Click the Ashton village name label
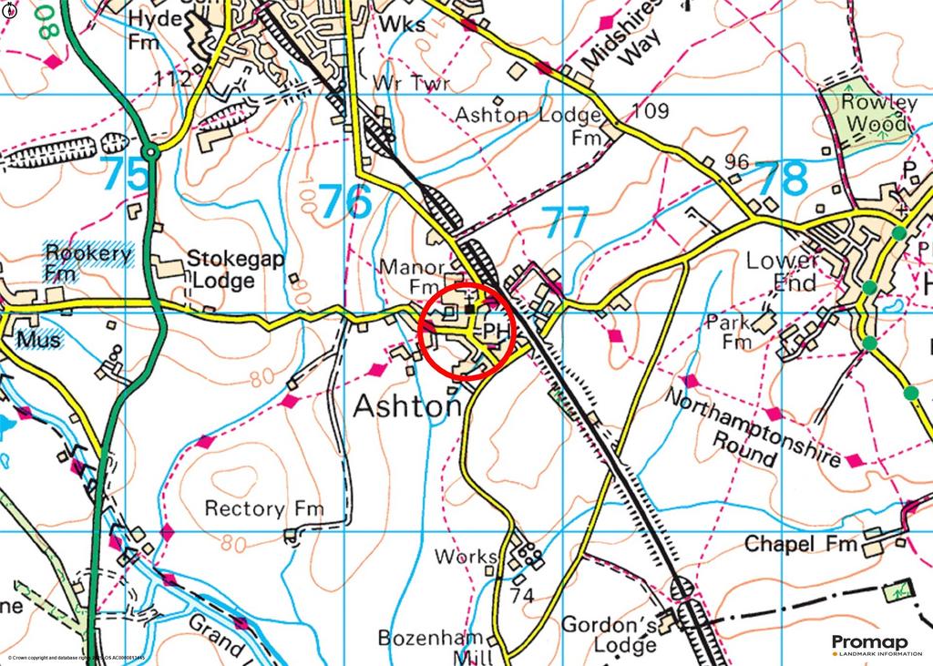click(407, 406)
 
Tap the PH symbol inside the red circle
click(494, 329)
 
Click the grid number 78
click(782, 179)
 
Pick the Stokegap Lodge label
click(235, 270)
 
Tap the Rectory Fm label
click(264, 508)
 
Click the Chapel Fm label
click(802, 544)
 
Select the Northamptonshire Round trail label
click(752, 426)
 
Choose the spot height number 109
click(650, 111)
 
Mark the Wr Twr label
click(412, 84)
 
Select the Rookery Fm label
click(88, 262)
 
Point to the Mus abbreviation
click(39, 340)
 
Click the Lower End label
click(782, 272)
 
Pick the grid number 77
click(565, 222)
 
